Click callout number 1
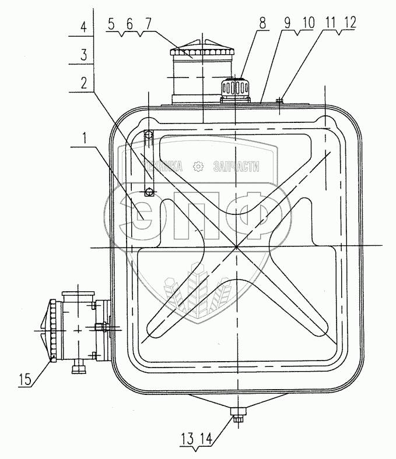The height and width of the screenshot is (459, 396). click(x=86, y=138)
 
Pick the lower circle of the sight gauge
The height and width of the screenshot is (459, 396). click(x=149, y=191)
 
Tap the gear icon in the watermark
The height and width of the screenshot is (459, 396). click(x=199, y=167)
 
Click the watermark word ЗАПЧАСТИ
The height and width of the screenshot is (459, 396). click(x=236, y=167)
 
